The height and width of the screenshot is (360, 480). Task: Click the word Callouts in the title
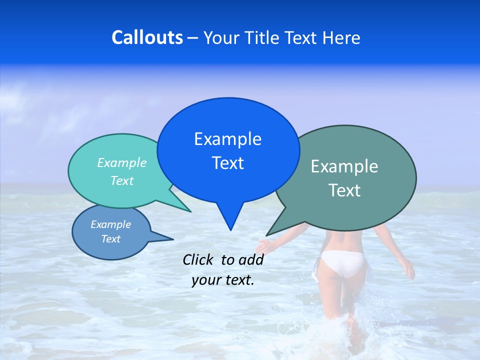tap(147, 37)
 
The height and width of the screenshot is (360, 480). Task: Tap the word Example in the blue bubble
tap(227, 139)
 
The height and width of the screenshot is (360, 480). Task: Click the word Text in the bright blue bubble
tap(227, 163)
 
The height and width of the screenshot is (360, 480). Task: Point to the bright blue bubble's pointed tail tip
tap(230, 230)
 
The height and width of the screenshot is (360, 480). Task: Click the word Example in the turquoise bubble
tap(121, 162)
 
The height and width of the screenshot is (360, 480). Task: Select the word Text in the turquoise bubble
tap(121, 180)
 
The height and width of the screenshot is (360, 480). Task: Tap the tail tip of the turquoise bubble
tap(190, 211)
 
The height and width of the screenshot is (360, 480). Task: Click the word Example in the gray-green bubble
tap(344, 166)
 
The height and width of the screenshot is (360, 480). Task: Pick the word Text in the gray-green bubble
tap(344, 190)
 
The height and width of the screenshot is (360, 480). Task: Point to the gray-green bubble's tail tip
tap(266, 235)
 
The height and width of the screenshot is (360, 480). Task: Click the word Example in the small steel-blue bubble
tap(110, 224)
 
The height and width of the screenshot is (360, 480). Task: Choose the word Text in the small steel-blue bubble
tap(110, 239)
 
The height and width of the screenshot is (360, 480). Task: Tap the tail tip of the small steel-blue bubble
tap(173, 238)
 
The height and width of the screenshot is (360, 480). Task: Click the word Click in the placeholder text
tap(199, 259)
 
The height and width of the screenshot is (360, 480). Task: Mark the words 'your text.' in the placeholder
tap(222, 280)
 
